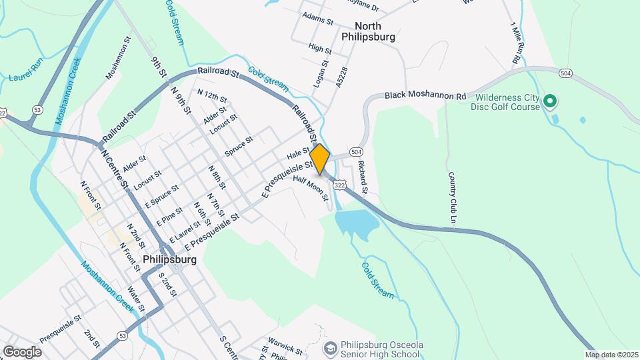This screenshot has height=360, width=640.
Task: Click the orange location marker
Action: [x=320, y=159]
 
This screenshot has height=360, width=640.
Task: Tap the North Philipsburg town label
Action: [x=368, y=31]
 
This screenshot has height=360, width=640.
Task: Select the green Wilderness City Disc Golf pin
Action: [x=550, y=101]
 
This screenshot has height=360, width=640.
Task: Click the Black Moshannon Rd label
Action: [x=425, y=96]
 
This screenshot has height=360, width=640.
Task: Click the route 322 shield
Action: [x=340, y=183]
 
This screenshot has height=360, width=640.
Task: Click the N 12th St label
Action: [x=212, y=97]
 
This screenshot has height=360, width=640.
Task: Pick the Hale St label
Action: [x=298, y=153]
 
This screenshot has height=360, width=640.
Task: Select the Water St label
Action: [x=135, y=298]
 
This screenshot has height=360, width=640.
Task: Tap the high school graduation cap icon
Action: [x=330, y=349]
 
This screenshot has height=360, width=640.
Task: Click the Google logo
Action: [x=22, y=351]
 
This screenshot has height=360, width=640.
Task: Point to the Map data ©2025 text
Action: [x=610, y=355]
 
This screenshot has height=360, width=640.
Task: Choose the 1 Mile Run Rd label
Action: [x=515, y=43]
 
